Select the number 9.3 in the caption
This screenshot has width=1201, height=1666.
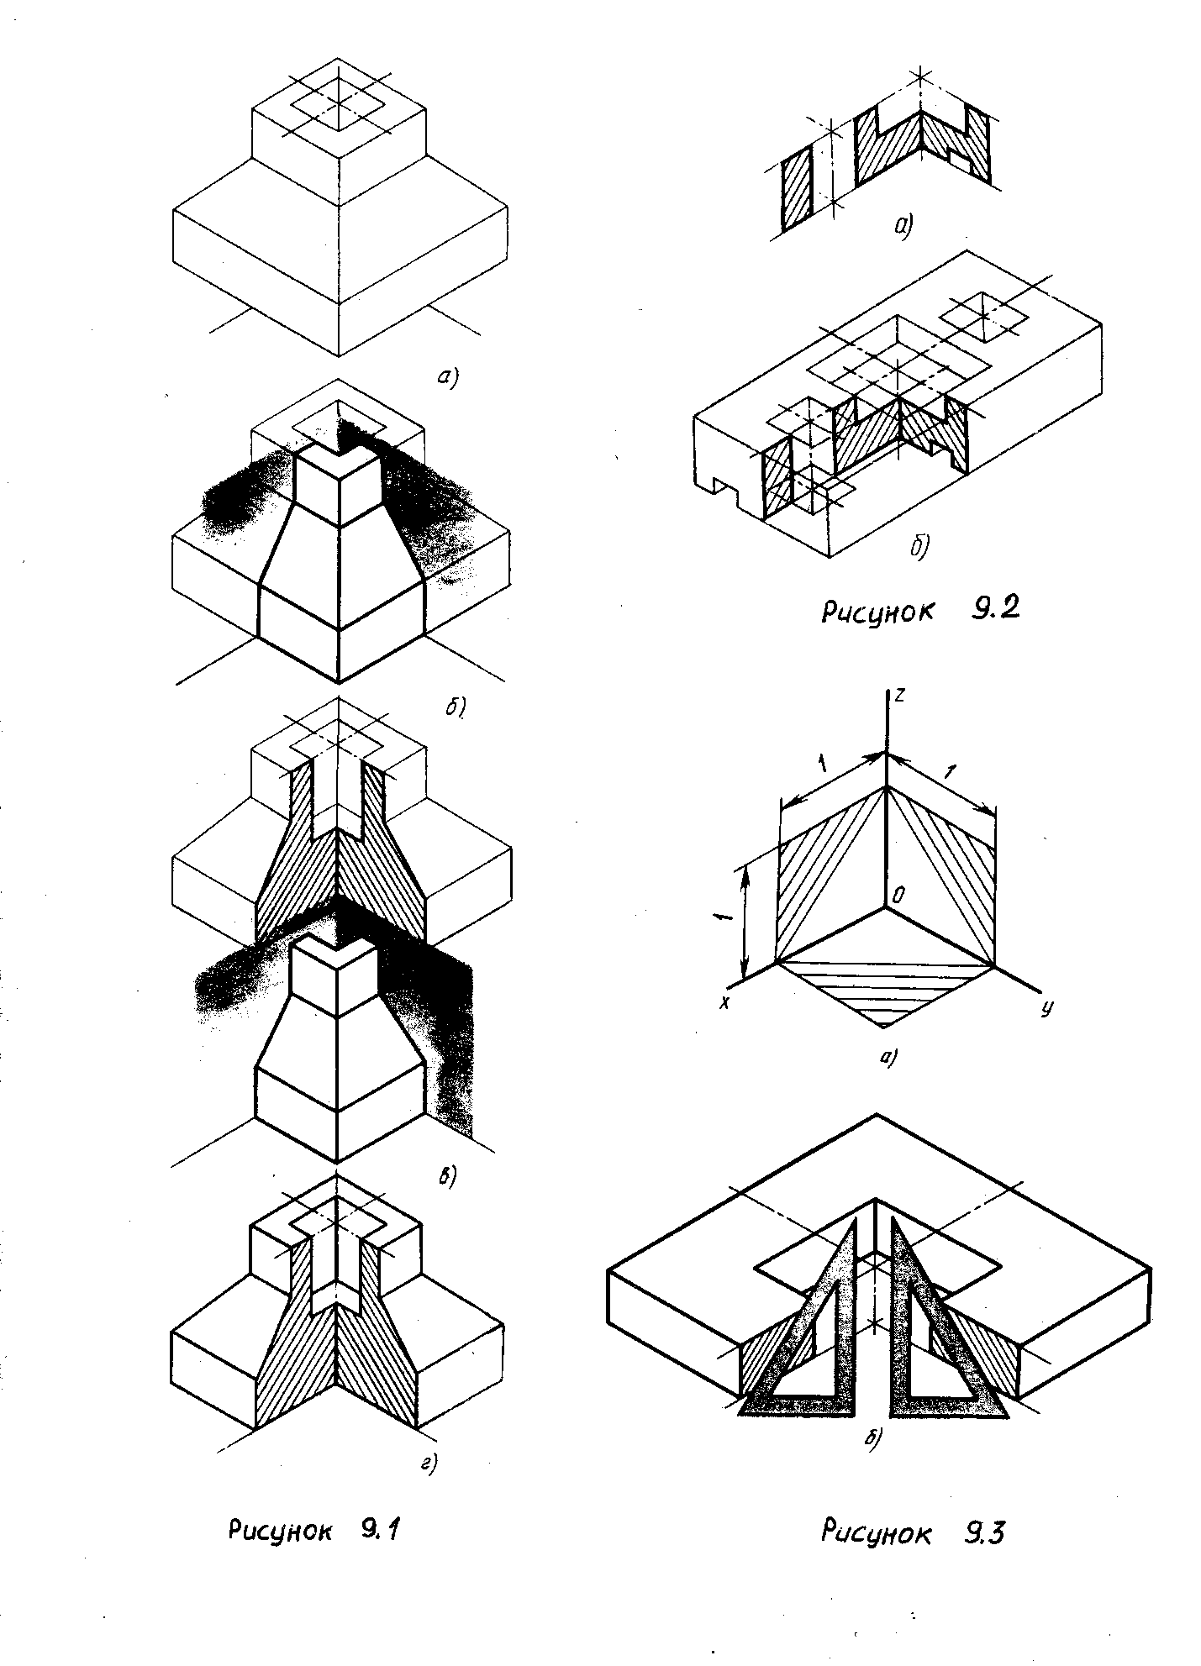981,1534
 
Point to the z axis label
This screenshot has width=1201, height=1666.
900,696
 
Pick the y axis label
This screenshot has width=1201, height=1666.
1047,1007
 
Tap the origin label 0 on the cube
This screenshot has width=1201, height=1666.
898,896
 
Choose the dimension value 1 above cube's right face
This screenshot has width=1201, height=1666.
951,772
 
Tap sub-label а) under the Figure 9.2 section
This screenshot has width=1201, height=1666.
903,224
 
